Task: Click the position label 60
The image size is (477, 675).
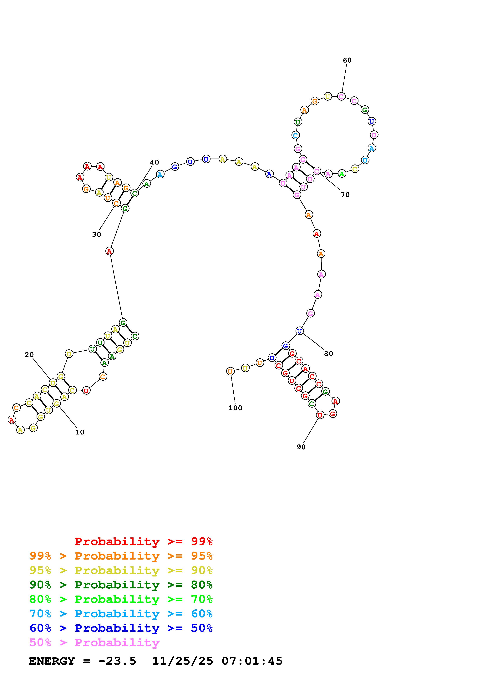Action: click(x=347, y=60)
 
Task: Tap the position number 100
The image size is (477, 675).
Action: click(x=235, y=408)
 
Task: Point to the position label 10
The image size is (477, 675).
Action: click(x=80, y=432)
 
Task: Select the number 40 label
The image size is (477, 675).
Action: click(x=155, y=162)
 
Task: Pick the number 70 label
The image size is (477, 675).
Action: click(x=345, y=195)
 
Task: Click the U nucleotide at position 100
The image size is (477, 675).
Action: click(x=230, y=371)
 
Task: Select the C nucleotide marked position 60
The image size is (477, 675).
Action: click(x=341, y=96)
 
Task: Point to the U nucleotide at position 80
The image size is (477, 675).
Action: click(x=299, y=331)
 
